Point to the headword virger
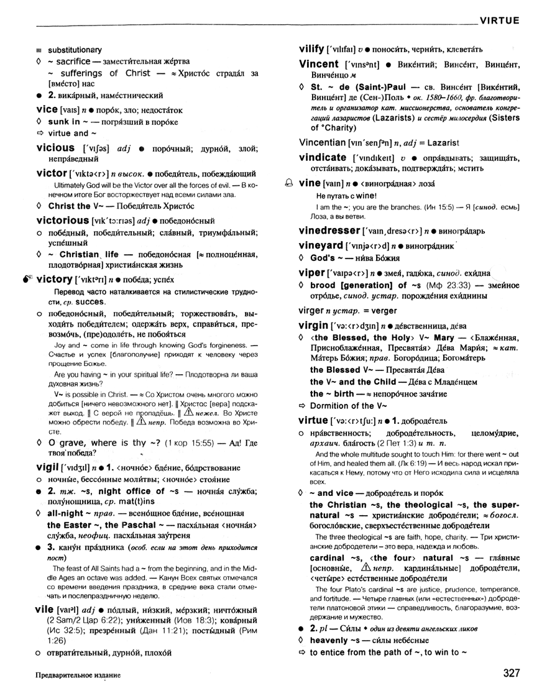[x=312, y=309]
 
